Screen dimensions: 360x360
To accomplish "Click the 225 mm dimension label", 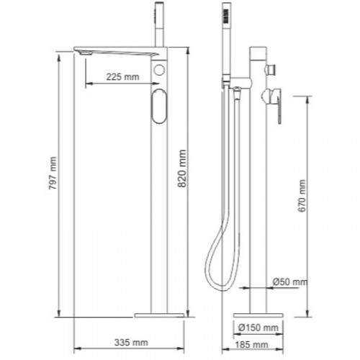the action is tap(122, 77).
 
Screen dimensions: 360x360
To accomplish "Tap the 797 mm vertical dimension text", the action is tap(53, 174).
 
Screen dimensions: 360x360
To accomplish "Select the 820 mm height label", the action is tap(182, 168).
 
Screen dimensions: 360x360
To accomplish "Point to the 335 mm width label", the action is tap(131, 343).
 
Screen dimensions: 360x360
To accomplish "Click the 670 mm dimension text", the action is tap(302, 196).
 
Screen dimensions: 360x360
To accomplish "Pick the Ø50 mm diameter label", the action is tap(290, 282).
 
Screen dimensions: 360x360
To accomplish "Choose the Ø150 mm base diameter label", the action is tap(258, 328).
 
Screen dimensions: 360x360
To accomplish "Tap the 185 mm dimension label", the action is tap(251, 345).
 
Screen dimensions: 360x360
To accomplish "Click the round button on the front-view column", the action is tap(159, 70).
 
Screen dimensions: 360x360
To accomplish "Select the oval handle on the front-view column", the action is tap(159, 107).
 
